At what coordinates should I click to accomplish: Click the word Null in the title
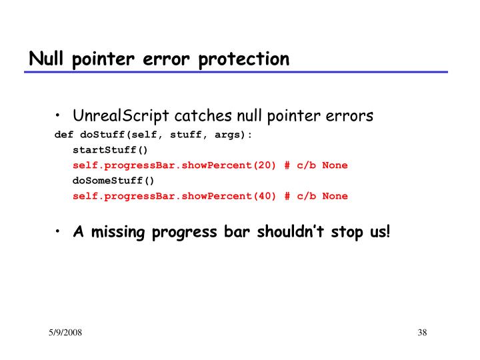43,59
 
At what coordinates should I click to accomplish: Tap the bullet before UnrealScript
59,117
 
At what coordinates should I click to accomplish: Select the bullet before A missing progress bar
59,232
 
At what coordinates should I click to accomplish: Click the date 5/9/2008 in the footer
65,333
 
